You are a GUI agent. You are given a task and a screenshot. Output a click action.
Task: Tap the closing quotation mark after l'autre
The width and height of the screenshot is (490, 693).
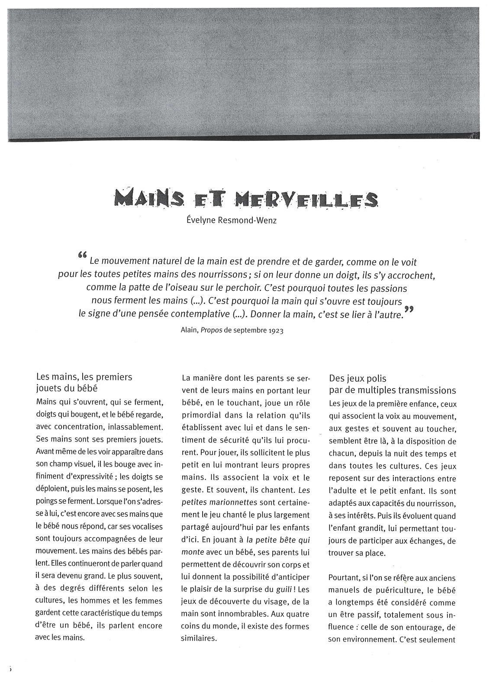point(408,311)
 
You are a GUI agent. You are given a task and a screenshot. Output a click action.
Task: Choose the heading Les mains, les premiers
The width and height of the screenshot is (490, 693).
point(84,377)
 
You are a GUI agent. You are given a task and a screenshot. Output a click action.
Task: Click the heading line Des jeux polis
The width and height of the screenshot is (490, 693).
point(358,379)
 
